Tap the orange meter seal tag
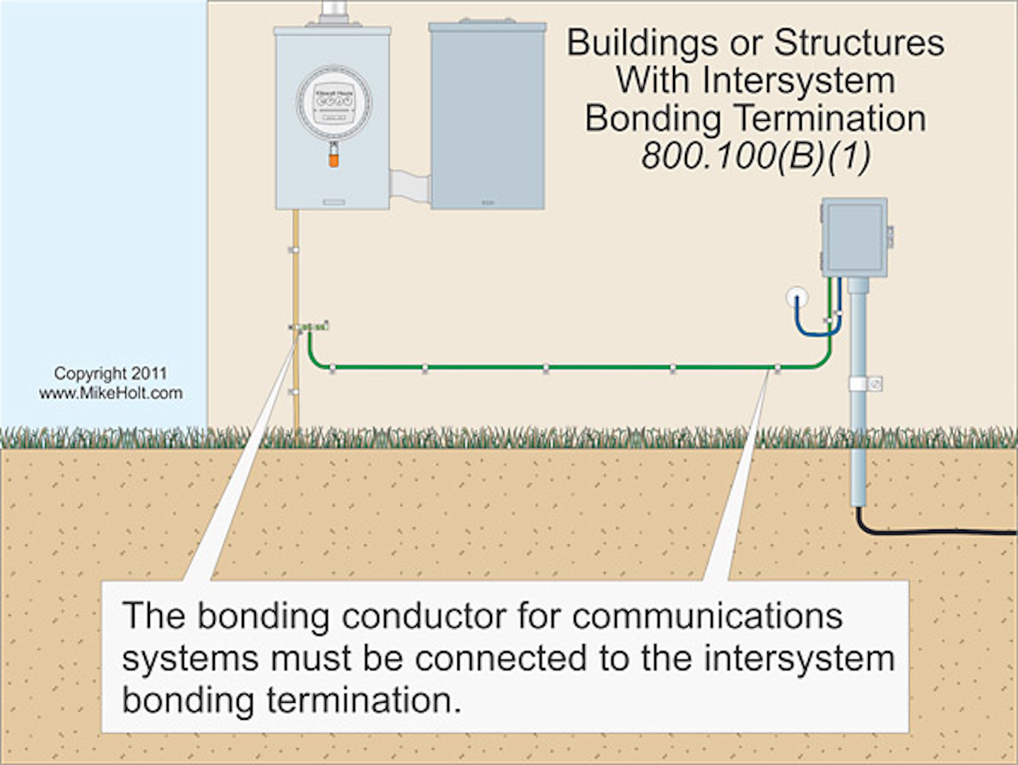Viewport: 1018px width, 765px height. pos(333,158)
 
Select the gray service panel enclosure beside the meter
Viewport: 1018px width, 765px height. pos(487,117)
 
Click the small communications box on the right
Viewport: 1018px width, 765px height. pos(854,237)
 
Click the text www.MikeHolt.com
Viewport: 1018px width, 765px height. pos(110,393)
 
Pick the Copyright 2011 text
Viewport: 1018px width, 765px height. pos(110,373)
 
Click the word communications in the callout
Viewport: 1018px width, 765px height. pos(707,615)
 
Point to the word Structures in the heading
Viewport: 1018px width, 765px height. pos(859,42)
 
